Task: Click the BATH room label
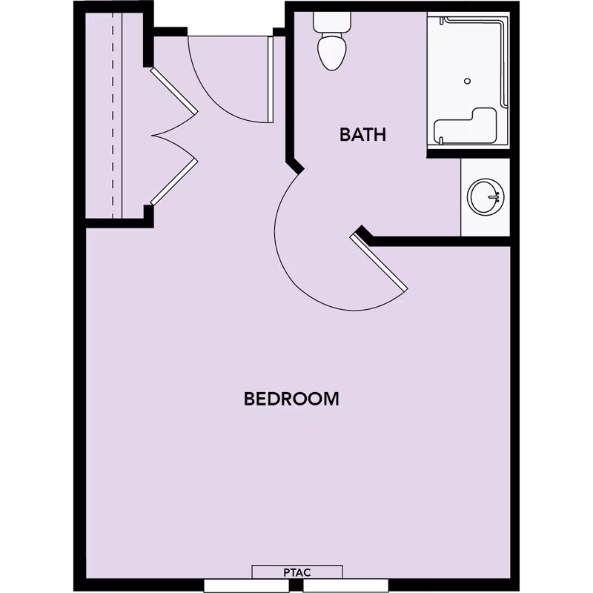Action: [x=363, y=135]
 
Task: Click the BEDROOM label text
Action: [x=291, y=399]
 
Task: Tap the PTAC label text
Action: [x=297, y=572]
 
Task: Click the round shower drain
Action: [x=467, y=81]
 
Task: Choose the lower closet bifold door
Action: [x=173, y=180]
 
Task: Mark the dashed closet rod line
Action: [x=113, y=111]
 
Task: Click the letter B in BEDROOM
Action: [x=250, y=399]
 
